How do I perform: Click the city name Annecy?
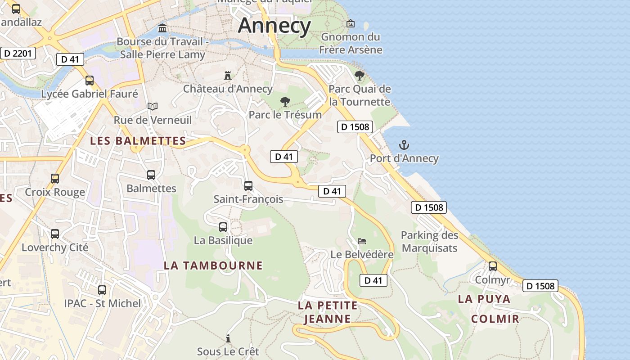[274, 25]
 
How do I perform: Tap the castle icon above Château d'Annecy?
[228, 75]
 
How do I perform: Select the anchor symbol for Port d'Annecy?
[404, 145]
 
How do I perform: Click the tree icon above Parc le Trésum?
[285, 102]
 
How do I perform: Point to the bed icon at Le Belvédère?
[362, 241]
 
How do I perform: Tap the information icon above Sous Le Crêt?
[228, 338]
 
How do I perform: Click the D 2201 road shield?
[18, 54]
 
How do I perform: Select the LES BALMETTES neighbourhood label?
[138, 141]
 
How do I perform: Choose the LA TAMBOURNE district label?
[213, 265]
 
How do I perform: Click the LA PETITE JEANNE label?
[328, 312]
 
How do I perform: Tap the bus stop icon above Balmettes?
[151, 175]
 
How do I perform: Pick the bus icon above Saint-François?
[248, 185]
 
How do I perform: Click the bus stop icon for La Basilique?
[223, 227]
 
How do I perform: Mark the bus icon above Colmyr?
[493, 266]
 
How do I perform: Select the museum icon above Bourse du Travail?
[162, 29]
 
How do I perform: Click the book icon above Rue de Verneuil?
[153, 107]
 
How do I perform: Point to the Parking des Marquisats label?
[429, 242]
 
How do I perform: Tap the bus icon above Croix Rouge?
[55, 179]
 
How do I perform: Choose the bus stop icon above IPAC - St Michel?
[102, 290]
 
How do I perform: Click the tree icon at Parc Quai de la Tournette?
[359, 75]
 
